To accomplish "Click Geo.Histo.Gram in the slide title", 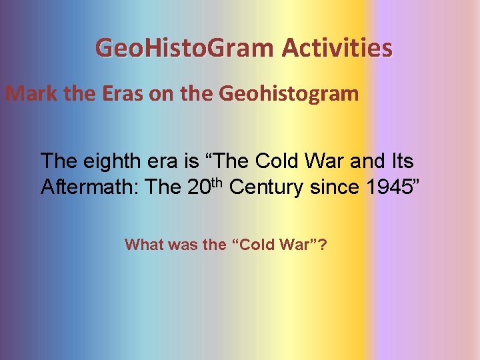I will point(184,49).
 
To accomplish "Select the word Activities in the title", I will point(337,49).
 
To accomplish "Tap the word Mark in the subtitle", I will point(31,93).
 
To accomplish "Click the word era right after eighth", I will point(173,161).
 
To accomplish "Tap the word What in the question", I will point(143,245).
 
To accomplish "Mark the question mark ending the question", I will point(323,245).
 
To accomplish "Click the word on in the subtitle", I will point(161,93).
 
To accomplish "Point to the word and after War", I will point(363,161).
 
